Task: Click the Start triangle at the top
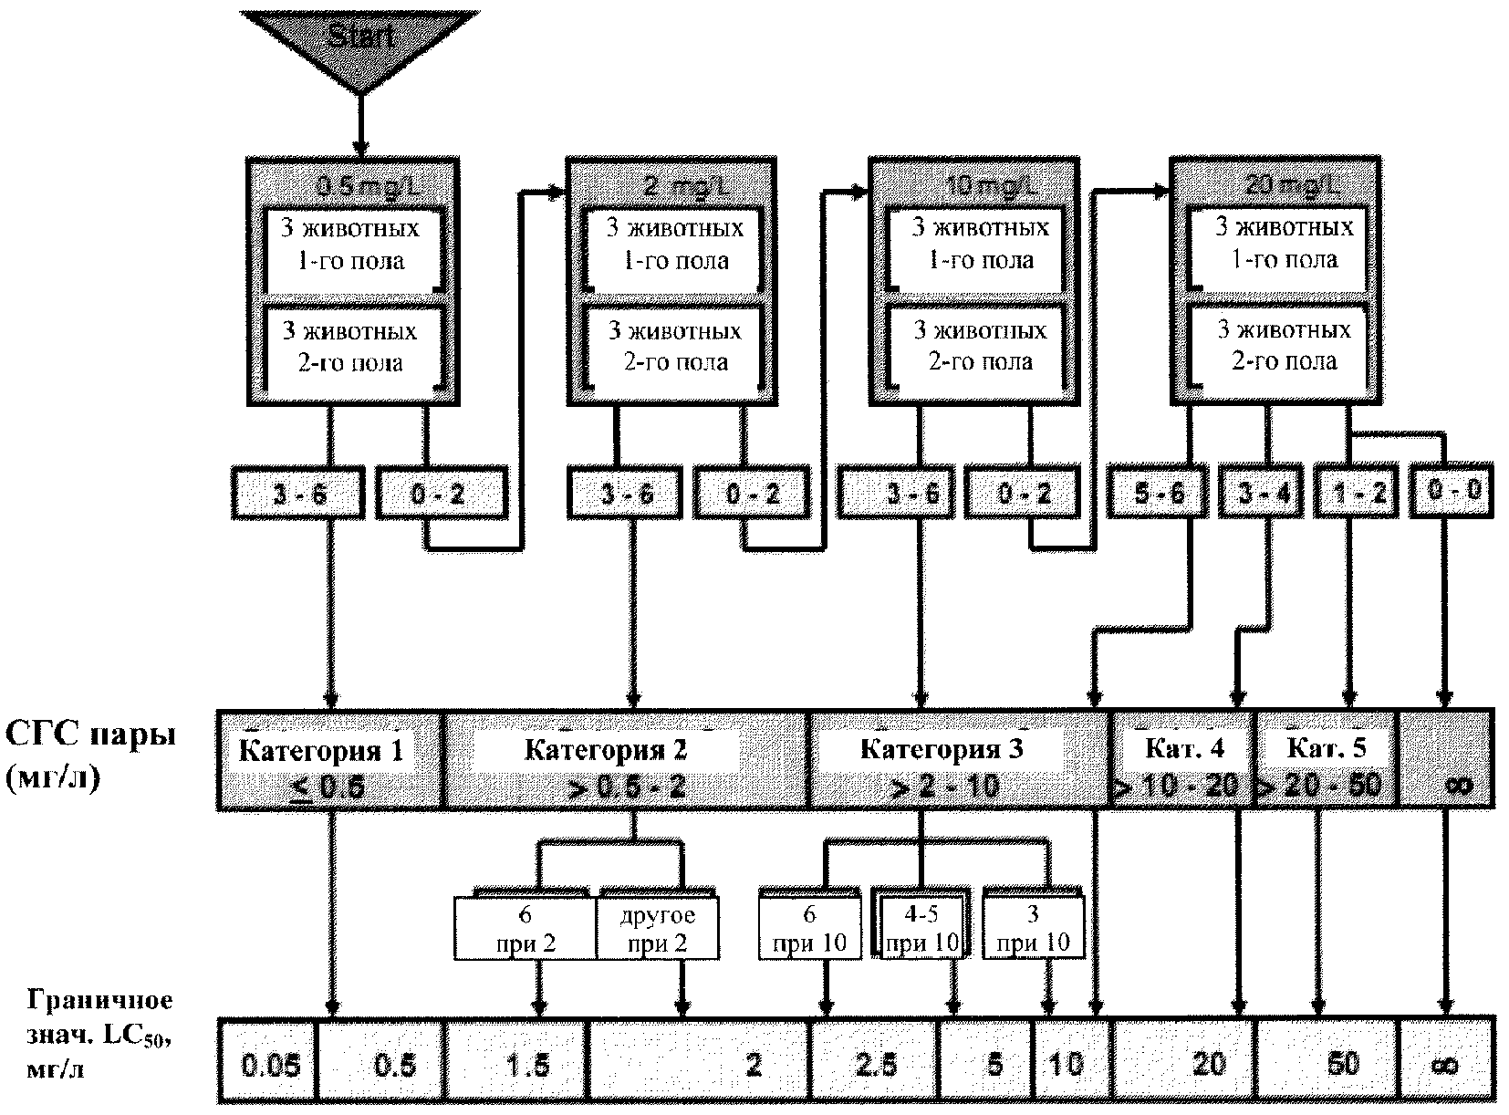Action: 359,42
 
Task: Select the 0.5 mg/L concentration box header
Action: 352,186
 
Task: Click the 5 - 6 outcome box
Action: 1160,493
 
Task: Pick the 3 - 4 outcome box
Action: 1264,493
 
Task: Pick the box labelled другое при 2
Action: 658,929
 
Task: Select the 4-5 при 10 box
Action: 923,928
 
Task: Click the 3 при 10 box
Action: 1034,928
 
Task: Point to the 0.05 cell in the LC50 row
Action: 270,1064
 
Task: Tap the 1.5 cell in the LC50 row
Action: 527,1064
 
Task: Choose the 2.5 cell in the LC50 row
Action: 875,1064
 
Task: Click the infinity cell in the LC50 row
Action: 1447,1064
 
